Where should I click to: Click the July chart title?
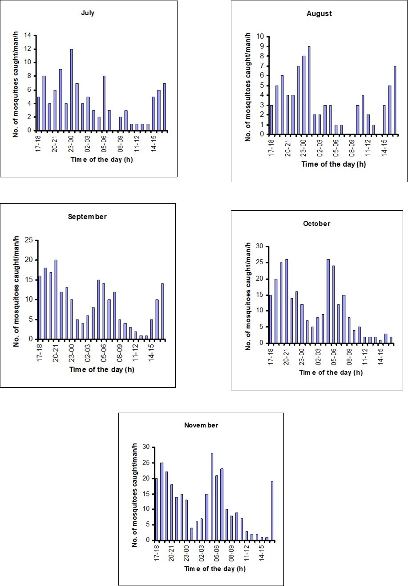pos(88,13)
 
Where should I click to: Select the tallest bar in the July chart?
pos(71,90)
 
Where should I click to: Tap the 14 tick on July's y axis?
pos(28,35)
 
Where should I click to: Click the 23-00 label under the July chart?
pos(71,142)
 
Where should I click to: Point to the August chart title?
pos(319,13)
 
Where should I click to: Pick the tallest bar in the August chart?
pos(309,90)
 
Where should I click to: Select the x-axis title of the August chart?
pos(334,164)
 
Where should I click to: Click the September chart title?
pos(88,217)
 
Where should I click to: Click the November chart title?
pos(201,425)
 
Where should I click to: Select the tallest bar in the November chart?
pos(212,496)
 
